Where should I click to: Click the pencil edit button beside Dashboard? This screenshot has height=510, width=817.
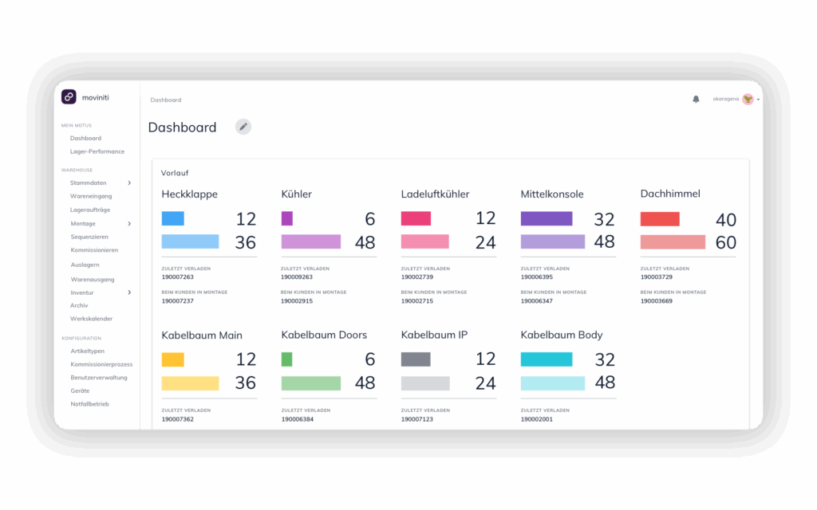pos(243,127)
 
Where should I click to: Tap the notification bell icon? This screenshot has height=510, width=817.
pos(696,99)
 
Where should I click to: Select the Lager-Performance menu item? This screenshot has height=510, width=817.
pos(97,151)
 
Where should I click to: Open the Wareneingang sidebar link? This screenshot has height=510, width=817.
pos(91,196)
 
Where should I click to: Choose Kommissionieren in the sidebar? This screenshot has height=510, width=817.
pos(94,250)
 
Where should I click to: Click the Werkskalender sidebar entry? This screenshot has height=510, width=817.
pos(91,319)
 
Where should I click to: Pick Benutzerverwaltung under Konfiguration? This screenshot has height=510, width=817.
pos(99,377)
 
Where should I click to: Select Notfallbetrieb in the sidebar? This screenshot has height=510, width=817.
pos(89,404)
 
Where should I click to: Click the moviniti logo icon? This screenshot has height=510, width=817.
pos(69,96)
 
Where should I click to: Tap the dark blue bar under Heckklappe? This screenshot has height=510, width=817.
pos(173,218)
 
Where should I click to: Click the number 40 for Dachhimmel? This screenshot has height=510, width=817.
pos(725,219)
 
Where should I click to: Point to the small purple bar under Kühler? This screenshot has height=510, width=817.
pos(287,218)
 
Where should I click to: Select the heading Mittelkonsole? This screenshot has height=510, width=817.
pos(552,194)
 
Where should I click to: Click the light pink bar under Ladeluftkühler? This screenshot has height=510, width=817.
pos(425,241)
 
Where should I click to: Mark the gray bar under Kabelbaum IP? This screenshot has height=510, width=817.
pos(416,359)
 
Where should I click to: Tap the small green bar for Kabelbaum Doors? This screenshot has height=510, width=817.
pos(287,359)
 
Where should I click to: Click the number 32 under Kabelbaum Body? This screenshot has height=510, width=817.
pos(605,359)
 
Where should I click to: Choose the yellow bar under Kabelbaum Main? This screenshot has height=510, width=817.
pos(173,359)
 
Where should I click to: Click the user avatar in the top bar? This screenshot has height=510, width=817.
pos(748,99)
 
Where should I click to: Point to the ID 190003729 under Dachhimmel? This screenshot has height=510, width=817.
pos(657,277)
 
